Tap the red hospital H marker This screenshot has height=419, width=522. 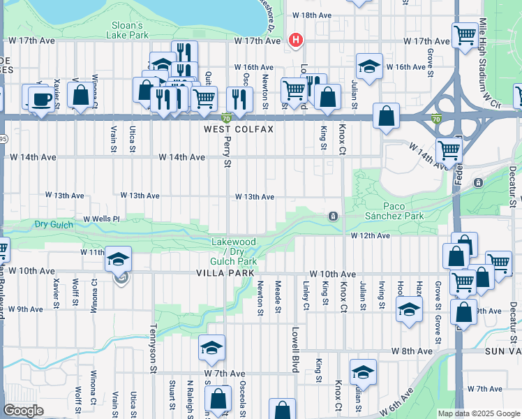coord(296,40)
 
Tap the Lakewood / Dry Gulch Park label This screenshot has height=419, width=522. coord(234,251)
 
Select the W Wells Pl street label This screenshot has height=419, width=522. coord(101,219)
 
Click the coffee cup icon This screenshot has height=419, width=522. coord(41,98)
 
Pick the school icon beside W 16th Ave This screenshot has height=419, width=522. coord(368,67)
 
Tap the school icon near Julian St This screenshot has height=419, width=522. coord(363,372)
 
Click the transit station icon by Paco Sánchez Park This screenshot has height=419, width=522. coord(334,216)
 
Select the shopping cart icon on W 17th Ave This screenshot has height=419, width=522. coord(464,35)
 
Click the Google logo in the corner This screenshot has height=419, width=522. coord(23,410)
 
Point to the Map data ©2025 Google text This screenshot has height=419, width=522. coord(479,413)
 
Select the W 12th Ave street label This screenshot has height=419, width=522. coord(369,236)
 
